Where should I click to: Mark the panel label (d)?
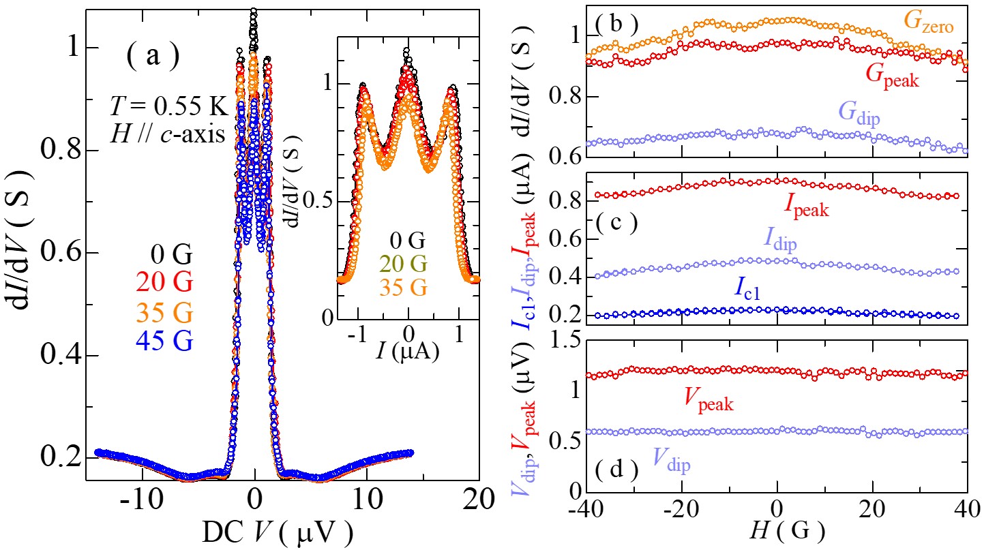[616, 470]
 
